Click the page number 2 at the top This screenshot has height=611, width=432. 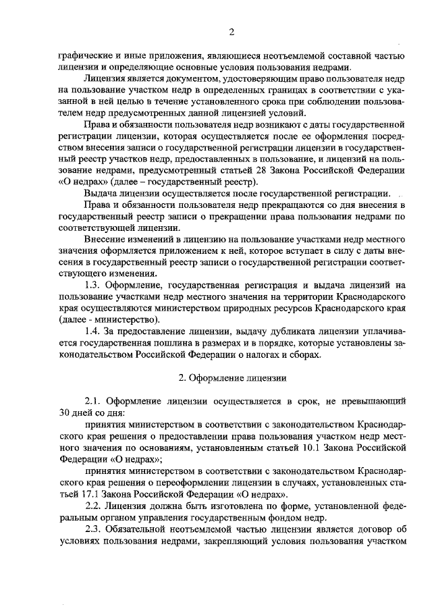tap(232, 32)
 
